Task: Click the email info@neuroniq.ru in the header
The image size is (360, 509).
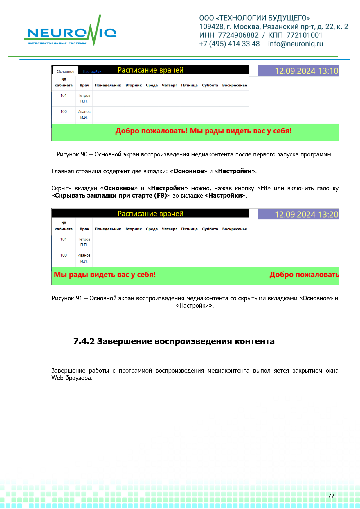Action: click(295, 44)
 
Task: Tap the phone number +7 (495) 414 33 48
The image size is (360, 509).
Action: click(229, 44)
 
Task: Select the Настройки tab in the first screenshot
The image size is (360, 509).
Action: click(92, 71)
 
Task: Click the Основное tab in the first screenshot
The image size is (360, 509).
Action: click(66, 71)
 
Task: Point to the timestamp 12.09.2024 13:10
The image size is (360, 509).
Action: click(306, 71)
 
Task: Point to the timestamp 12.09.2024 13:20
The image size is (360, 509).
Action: click(306, 214)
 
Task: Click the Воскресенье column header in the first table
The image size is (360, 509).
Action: click(235, 85)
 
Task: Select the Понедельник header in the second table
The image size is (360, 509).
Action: click(108, 229)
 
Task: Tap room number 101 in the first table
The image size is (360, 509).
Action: click(64, 95)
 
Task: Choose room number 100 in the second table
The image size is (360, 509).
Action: click(64, 255)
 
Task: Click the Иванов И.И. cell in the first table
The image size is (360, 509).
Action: click(84, 114)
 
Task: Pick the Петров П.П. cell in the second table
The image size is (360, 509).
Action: click(84, 242)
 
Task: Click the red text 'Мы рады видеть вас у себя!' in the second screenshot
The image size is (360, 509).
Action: click(105, 275)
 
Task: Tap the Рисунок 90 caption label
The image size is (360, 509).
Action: click(72, 154)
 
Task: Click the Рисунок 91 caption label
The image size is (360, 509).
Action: click(67, 298)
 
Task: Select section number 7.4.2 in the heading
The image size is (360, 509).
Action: click(84, 341)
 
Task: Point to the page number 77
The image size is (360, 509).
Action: click(331, 496)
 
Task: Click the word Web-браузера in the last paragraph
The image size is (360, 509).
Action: click(71, 378)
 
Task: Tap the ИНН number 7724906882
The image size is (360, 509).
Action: click(238, 35)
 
